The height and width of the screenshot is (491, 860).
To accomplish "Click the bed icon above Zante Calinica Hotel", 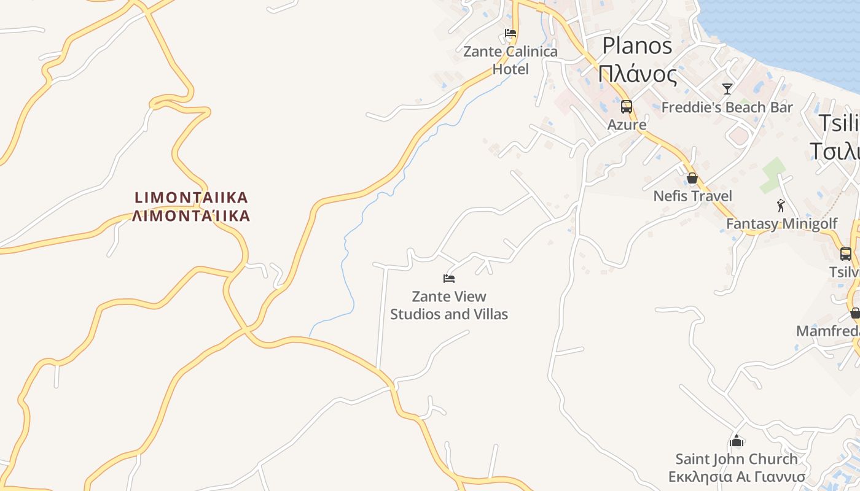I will click(510, 33).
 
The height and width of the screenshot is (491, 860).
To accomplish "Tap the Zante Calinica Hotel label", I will click(510, 60).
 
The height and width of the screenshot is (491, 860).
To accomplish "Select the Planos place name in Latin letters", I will click(637, 45).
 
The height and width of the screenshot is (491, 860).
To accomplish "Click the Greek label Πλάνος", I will click(637, 75).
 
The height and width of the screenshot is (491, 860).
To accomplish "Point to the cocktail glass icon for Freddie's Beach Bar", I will click(727, 89).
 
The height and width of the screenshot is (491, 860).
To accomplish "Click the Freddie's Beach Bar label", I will click(727, 107).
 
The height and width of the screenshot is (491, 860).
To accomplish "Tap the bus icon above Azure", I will click(626, 107).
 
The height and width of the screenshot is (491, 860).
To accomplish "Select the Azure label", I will click(627, 125).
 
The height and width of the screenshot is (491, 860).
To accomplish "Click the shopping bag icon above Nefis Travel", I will click(692, 179).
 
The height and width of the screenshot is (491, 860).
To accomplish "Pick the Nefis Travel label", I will click(693, 196).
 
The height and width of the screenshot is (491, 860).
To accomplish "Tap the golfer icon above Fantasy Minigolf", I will click(781, 206).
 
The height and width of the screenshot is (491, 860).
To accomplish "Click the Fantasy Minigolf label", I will click(781, 223).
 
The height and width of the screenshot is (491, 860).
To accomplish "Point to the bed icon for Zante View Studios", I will click(449, 279).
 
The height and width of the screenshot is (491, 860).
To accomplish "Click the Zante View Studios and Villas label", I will click(449, 306).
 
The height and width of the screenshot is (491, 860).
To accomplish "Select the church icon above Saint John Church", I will click(737, 441).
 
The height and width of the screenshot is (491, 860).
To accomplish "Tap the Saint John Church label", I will click(737, 459).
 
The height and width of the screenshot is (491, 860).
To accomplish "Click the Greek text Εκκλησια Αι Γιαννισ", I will click(737, 477).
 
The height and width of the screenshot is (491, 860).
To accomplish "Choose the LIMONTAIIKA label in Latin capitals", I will click(192, 198).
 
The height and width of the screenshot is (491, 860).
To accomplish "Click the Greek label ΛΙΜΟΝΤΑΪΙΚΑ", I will click(192, 215).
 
